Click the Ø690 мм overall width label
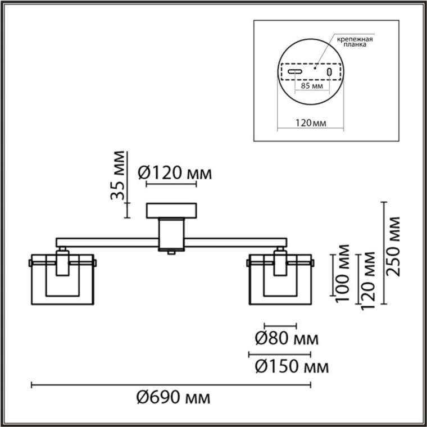click(x=173, y=398)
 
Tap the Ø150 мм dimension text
click(x=292, y=367)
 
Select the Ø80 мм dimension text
click(x=287, y=339)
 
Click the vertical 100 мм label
click(x=343, y=273)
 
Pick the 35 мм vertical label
click(x=117, y=175)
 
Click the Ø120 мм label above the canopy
click(x=175, y=173)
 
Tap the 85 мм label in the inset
click(x=312, y=86)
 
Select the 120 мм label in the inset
click(x=311, y=123)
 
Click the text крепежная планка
click(x=355, y=42)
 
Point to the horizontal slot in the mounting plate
click(x=295, y=72)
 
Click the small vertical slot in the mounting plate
click(x=329, y=72)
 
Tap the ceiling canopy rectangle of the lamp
click(x=171, y=211)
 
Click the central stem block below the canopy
click(x=171, y=234)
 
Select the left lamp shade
click(x=62, y=279)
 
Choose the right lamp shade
click(x=280, y=279)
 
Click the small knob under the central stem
click(x=171, y=253)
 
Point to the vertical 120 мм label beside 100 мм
click(x=368, y=280)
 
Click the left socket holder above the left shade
click(x=62, y=262)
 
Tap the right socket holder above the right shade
click(x=280, y=262)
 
